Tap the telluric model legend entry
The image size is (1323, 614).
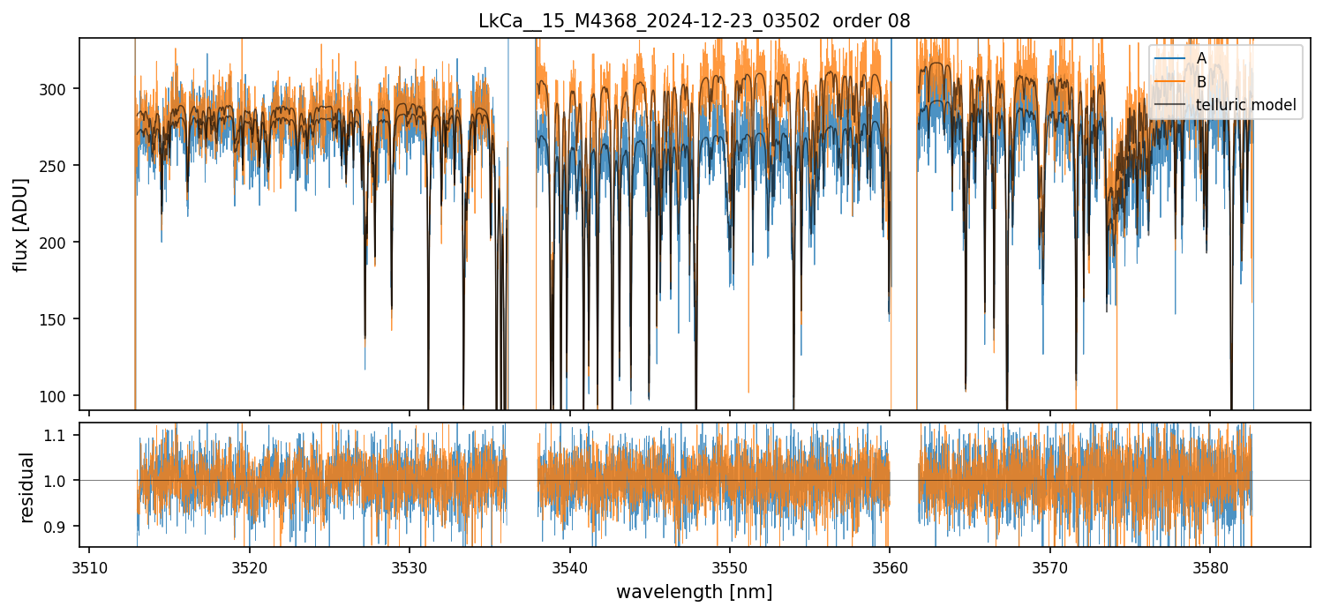click(x=1245, y=105)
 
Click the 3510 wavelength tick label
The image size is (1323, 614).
click(x=89, y=565)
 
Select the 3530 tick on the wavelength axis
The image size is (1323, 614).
click(x=410, y=565)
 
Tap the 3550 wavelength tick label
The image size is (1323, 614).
click(x=730, y=565)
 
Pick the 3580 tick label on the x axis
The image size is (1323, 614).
click(x=1210, y=565)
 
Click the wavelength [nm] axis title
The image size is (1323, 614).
click(x=694, y=591)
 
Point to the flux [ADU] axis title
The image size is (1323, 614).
click(x=20, y=224)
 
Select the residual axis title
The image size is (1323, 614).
click(x=26, y=486)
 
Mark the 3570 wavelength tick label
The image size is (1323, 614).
click(x=1050, y=565)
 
